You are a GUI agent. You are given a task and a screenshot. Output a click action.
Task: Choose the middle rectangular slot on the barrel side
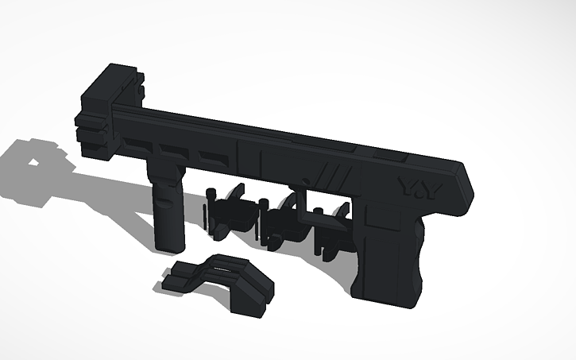coord(173,150)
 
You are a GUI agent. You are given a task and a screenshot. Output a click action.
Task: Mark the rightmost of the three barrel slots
coord(211,156)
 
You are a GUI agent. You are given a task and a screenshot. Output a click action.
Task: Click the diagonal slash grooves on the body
coord(333,173)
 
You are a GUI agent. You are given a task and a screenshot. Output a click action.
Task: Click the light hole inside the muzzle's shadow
coord(37,162)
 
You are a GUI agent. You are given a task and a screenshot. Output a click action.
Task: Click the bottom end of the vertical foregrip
coord(168,242)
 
